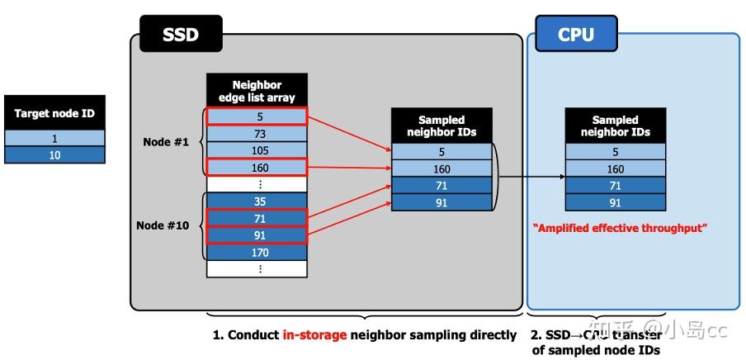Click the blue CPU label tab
point(575,35)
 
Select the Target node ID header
point(54,113)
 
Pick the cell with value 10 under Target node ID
point(54,154)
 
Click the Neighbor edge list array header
point(257,91)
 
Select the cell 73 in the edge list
point(257,134)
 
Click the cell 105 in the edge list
point(257,150)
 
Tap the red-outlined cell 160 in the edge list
point(257,168)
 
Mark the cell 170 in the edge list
point(257,253)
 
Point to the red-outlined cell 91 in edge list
point(257,234)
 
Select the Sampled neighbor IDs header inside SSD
point(441,126)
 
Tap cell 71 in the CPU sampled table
point(616,186)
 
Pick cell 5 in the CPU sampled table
point(616,152)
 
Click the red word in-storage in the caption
point(314,335)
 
